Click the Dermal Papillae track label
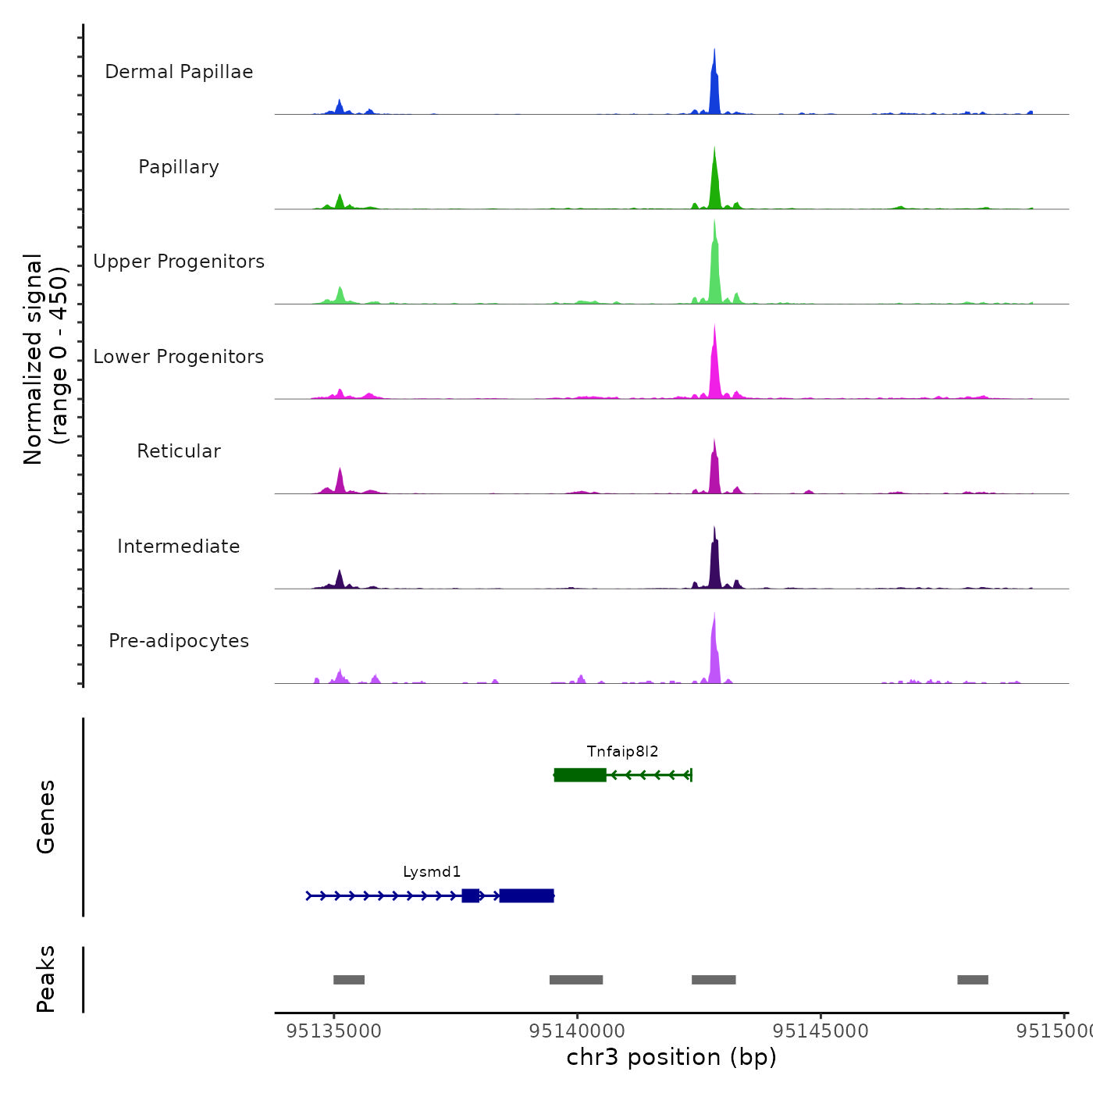[x=179, y=72]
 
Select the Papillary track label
[x=179, y=167]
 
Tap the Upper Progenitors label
[x=179, y=262]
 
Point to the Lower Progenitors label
[x=179, y=357]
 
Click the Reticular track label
[x=179, y=451]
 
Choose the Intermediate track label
[x=179, y=546]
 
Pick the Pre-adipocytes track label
[x=179, y=641]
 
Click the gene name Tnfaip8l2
[x=622, y=752]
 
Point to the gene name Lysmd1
[x=432, y=872]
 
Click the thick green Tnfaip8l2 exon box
[x=580, y=774]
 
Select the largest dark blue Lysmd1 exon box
[x=527, y=895]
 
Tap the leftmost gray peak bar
[x=349, y=980]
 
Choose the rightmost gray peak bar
[x=973, y=980]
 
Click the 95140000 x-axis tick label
[x=577, y=1031]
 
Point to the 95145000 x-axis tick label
[x=821, y=1031]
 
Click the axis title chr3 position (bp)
[x=671, y=1057]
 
